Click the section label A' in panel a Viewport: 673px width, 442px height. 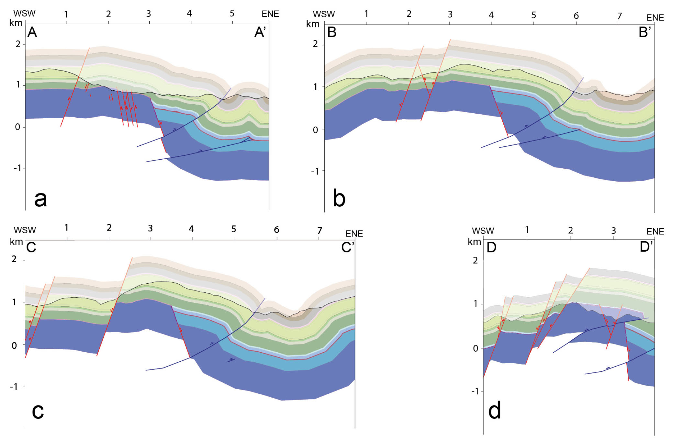260,32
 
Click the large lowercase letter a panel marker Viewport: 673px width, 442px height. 40,198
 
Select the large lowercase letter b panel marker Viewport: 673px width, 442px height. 339,198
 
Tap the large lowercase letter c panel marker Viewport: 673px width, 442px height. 38,411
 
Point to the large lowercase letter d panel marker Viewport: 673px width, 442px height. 494,410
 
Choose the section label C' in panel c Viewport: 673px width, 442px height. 348,248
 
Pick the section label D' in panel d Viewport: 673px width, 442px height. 646,247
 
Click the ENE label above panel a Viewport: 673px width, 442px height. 270,14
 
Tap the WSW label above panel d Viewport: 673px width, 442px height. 483,231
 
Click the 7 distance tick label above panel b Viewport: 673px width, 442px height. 619,16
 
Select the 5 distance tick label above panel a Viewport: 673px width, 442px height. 232,13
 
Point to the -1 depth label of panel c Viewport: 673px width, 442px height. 13,386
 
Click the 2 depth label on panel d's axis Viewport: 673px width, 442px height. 475,260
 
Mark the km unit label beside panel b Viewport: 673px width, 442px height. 313,24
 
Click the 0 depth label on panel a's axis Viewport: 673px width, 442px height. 17,127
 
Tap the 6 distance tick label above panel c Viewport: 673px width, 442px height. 276,230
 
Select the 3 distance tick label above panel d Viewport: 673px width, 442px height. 613,231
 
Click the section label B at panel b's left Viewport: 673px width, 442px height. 332,32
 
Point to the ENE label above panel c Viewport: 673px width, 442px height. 354,233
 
